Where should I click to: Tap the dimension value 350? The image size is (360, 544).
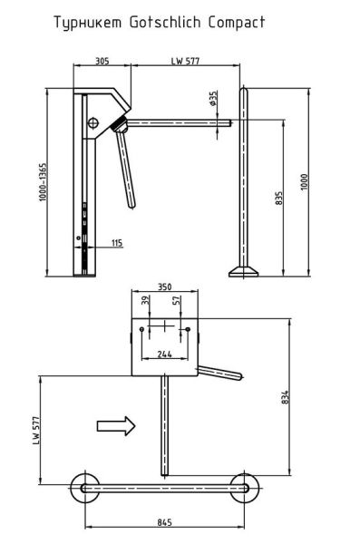[163, 287]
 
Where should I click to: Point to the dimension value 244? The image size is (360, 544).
[163, 355]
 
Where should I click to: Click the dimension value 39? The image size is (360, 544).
[145, 301]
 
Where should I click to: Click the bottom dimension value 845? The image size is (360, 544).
[164, 521]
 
